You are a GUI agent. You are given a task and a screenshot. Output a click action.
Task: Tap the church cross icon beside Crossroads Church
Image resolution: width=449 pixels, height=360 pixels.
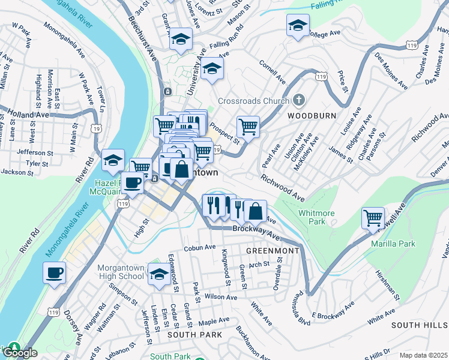click(300, 100)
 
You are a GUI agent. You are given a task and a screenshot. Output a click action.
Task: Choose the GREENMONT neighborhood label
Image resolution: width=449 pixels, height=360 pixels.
click(272, 250)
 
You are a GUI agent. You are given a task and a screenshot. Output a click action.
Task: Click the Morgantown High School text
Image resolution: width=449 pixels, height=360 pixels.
click(119, 272)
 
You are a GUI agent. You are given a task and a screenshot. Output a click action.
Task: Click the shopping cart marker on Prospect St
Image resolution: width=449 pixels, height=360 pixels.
click(248, 127)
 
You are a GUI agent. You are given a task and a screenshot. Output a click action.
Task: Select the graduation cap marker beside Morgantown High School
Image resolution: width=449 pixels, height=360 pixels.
click(159, 274)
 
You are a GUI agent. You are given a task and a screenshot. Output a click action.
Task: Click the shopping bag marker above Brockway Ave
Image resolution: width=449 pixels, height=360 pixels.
click(256, 211)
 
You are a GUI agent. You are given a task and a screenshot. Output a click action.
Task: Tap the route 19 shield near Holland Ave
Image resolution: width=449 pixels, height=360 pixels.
click(95, 128)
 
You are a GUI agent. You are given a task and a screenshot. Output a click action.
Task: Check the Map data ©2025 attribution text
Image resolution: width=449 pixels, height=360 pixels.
click(423, 355)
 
